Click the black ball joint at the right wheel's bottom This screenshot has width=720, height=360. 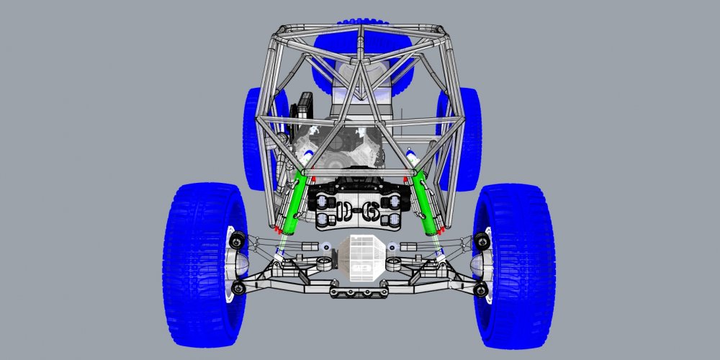pos(482,289)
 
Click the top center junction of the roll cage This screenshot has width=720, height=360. pos(363,28)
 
